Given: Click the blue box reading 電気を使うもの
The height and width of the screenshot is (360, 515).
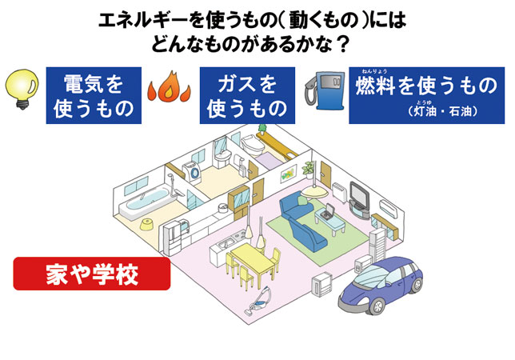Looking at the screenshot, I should coord(94,95).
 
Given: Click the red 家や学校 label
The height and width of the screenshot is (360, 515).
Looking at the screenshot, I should coord(90,275).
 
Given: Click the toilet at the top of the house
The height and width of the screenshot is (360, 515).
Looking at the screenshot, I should coord(254,146).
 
